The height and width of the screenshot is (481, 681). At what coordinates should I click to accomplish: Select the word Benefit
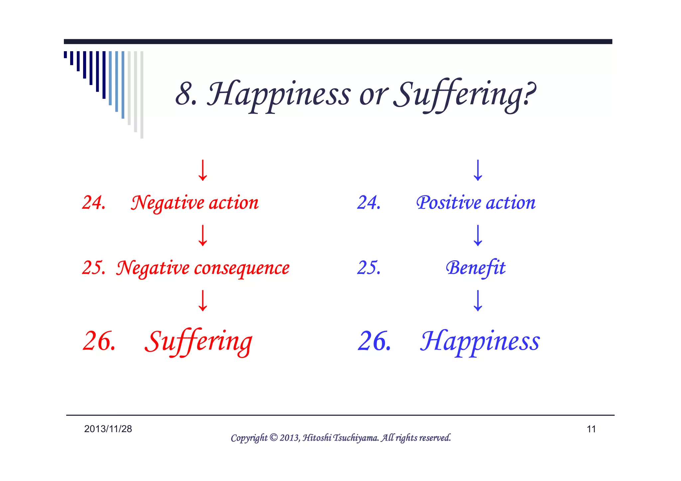[x=476, y=268]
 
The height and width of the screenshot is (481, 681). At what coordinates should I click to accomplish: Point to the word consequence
[x=242, y=268]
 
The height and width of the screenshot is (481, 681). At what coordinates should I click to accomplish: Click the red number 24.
[x=93, y=203]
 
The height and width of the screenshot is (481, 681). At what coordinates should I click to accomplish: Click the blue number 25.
[x=368, y=268]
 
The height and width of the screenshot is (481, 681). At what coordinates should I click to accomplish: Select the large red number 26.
[x=99, y=342]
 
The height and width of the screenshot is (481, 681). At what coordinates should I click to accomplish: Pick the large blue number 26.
[x=374, y=342]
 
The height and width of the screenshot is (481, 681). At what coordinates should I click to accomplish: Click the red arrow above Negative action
[x=203, y=170]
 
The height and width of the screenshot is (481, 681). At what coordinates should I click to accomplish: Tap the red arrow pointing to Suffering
[x=203, y=301]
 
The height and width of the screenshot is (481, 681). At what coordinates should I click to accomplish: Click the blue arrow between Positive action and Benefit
[x=478, y=235]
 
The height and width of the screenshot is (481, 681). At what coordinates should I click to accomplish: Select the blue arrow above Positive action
[x=478, y=170]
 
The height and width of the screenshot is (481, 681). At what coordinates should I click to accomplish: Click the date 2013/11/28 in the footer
[x=108, y=429]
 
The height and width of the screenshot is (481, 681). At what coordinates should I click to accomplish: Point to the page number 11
[x=591, y=429]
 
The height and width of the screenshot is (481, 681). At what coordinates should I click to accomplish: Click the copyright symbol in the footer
[x=273, y=437]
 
